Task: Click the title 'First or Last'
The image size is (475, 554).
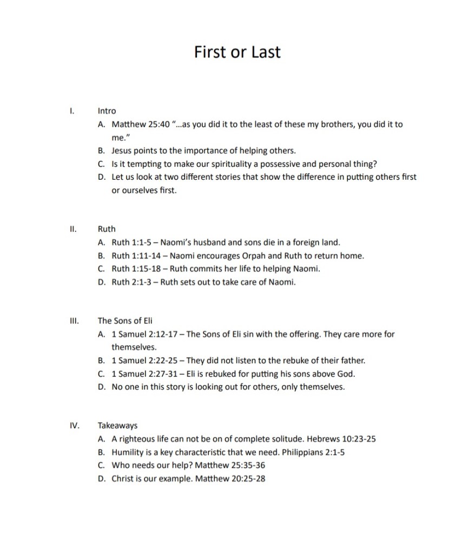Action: point(237,52)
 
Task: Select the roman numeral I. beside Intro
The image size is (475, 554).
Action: point(72,111)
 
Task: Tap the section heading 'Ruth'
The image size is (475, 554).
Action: point(107,229)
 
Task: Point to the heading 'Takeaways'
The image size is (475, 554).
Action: point(117,426)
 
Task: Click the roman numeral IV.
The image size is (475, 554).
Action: point(75,426)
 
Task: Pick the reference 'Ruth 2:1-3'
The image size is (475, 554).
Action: point(130,282)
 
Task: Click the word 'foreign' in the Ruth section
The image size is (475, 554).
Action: point(301,242)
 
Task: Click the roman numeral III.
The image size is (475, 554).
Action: point(74,321)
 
